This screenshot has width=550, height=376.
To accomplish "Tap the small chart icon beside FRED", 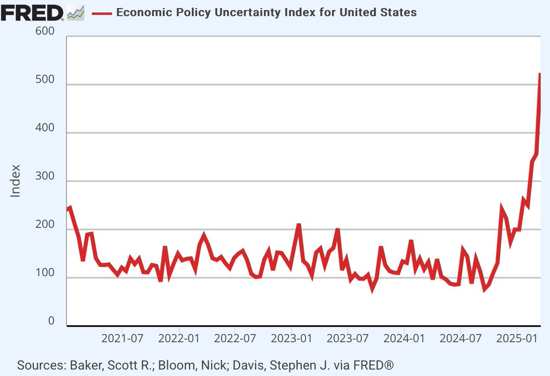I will tap(76, 13).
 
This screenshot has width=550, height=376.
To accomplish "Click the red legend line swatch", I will tap(102, 13).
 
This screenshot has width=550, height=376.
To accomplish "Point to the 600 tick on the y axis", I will tap(44, 32).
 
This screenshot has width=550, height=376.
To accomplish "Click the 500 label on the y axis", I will tap(44, 80).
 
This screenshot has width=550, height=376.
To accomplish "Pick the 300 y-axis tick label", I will tap(44, 177).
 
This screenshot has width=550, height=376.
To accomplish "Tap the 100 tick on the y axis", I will tap(44, 273).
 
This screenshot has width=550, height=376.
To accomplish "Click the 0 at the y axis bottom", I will tap(51, 321).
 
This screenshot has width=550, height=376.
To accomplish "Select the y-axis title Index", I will tap(16, 181).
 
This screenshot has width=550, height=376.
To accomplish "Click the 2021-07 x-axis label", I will tap(122, 339).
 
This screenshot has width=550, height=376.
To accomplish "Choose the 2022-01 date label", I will tap(179, 339).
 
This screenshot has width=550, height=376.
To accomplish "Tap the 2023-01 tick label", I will tap(291, 339).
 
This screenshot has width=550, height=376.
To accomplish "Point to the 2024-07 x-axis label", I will tap(460, 339).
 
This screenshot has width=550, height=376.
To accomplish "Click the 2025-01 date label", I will tap(517, 339).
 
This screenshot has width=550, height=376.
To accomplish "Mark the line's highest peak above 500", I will tap(540, 74).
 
